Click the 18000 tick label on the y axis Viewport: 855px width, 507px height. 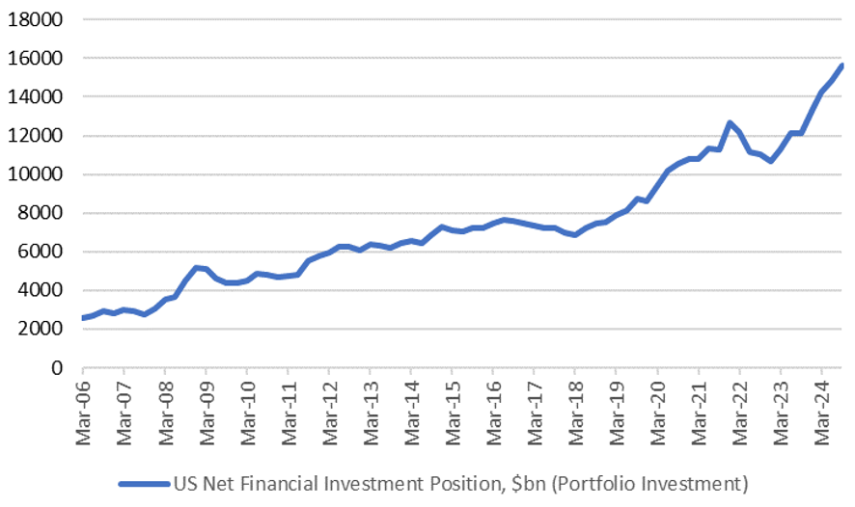37,20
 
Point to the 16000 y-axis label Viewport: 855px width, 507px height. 37,59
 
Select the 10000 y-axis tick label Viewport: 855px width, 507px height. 37,174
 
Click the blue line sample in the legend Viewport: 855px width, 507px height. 144,483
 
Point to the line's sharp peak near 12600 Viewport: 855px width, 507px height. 730,123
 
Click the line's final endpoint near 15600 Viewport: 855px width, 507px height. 842,66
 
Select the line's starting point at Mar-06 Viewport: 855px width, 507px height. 83,317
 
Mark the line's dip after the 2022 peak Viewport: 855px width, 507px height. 770,161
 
